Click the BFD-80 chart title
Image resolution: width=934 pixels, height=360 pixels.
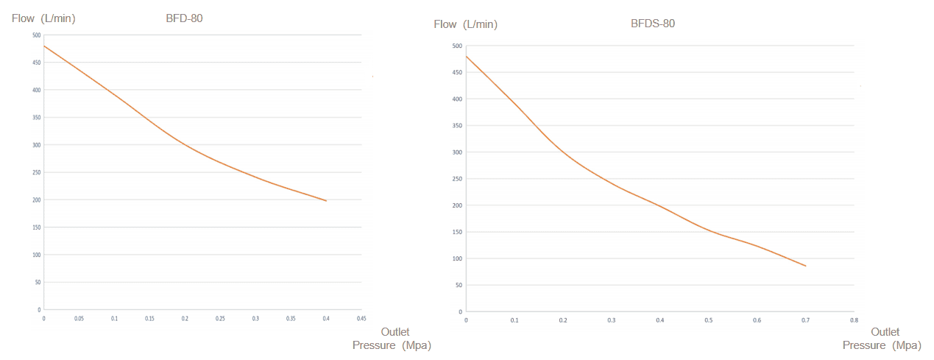184,18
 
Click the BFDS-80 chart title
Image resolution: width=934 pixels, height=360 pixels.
652,24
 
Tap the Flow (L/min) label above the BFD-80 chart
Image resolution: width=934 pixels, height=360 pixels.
43,18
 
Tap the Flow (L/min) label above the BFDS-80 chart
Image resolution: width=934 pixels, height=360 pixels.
465,24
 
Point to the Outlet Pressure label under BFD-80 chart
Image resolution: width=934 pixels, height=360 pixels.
392,339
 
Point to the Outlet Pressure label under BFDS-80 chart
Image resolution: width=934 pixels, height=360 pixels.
882,339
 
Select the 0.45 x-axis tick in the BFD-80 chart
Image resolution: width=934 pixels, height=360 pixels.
361,319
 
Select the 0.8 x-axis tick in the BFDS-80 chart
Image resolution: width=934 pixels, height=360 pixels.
854,321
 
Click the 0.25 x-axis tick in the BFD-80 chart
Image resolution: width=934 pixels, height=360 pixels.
220,319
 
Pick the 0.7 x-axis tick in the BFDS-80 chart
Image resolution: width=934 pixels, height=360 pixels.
805,321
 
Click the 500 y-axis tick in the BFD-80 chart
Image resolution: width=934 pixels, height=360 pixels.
37,35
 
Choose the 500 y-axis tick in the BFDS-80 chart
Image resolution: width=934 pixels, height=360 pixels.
457,46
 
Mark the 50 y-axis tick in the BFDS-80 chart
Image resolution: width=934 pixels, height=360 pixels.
459,285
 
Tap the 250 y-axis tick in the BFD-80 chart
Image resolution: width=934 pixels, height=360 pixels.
37,172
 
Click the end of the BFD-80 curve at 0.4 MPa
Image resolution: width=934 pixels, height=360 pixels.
326,200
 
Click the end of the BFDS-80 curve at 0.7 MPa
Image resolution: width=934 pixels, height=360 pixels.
805,266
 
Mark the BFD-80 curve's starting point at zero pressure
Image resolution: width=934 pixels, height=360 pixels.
44,46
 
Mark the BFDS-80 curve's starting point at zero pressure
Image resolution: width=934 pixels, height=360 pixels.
467,57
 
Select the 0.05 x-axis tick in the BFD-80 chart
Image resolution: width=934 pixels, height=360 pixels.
79,319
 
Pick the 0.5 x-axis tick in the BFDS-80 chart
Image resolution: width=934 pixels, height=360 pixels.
708,321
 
